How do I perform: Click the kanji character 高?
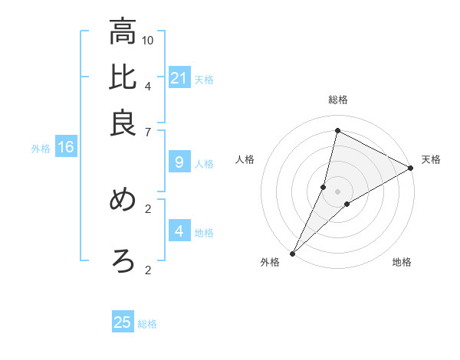click(123, 32)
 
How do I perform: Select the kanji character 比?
click(123, 78)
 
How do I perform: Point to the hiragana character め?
click(123, 200)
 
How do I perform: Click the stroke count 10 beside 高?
click(148, 39)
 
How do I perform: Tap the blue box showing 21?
click(179, 78)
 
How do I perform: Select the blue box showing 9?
click(179, 162)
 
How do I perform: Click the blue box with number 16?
click(65, 147)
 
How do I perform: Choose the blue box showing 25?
click(123, 322)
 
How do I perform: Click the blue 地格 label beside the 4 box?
click(204, 233)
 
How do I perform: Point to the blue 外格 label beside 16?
click(41, 149)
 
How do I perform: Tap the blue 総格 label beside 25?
click(147, 324)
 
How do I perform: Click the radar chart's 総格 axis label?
click(337, 100)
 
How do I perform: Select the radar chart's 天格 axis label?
click(431, 159)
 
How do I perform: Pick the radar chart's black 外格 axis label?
click(270, 262)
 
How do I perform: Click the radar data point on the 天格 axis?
click(411, 168)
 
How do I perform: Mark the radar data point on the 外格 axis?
click(292, 254)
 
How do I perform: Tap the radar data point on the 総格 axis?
click(337, 130)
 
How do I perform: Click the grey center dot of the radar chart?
click(337, 191)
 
